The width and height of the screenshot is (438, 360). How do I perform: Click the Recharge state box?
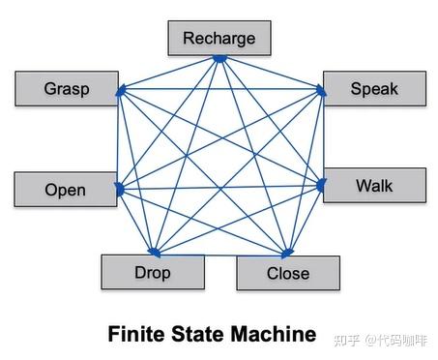click(x=219, y=39)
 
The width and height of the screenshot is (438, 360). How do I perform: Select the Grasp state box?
click(x=67, y=89)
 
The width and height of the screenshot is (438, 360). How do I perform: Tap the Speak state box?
click(x=374, y=88)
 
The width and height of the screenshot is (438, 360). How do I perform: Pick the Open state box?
click(x=65, y=190)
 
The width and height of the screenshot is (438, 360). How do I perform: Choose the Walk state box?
click(x=374, y=185)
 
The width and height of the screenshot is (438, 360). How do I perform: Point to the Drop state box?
click(x=153, y=272)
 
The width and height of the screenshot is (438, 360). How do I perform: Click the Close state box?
click(x=288, y=273)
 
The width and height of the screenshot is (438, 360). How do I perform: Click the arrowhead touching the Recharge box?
click(x=219, y=59)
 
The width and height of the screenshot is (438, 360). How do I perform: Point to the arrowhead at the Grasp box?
click(x=120, y=92)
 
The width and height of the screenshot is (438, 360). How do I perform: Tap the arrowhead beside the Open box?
click(x=119, y=190)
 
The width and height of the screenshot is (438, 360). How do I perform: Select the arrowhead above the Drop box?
click(x=152, y=252)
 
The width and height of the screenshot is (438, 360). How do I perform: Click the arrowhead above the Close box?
click(x=286, y=254)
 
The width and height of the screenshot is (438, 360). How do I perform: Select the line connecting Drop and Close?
click(x=219, y=253)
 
